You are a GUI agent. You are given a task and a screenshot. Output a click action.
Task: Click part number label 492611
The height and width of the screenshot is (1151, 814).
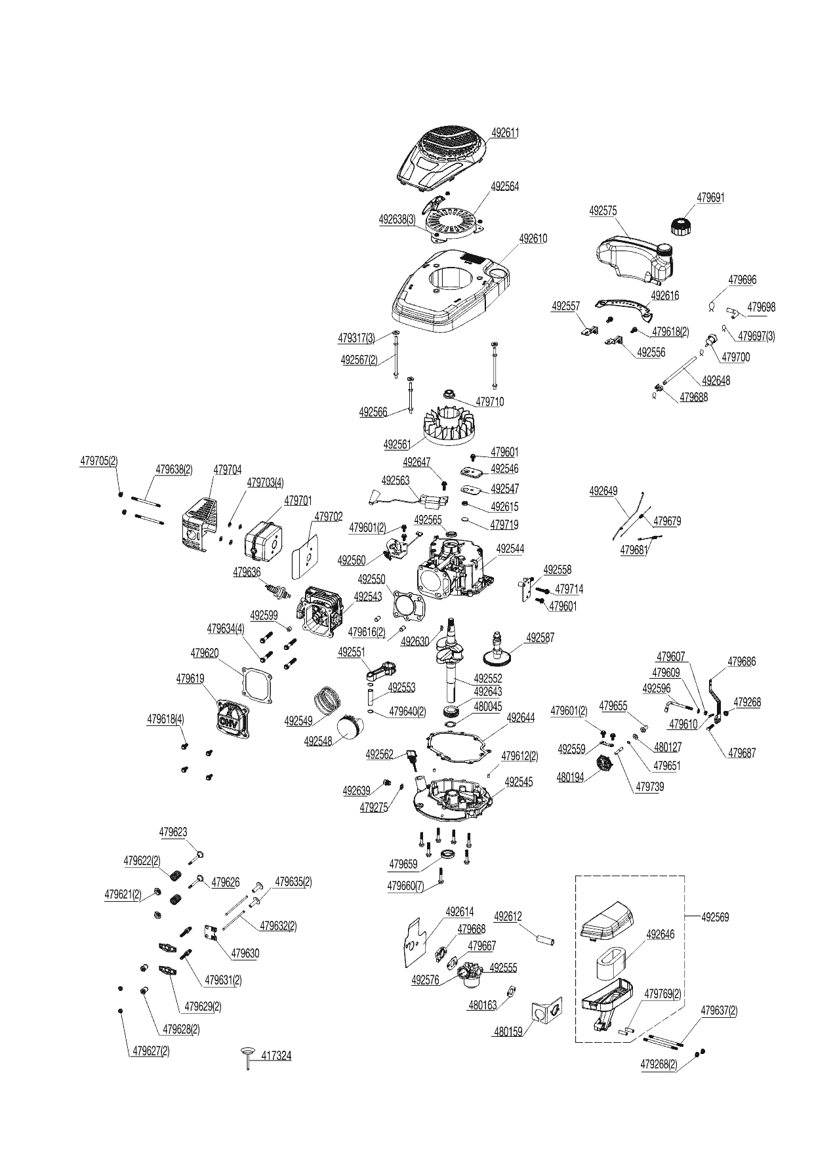tap(505, 132)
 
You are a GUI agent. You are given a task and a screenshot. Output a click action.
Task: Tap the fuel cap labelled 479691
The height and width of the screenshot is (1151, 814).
tap(682, 226)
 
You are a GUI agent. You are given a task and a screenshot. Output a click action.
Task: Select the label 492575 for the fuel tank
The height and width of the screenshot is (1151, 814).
tap(603, 211)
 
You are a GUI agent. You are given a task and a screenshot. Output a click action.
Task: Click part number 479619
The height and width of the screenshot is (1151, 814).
tap(190, 679)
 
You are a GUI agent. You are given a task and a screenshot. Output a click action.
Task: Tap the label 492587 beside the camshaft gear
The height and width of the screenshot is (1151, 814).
tap(540, 637)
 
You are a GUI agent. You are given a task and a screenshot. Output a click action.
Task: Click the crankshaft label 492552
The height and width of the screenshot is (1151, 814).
tap(487, 679)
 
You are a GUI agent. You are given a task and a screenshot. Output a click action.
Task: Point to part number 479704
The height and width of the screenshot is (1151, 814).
tap(228, 470)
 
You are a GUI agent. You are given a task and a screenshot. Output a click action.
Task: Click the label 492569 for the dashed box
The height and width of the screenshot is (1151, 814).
tap(715, 917)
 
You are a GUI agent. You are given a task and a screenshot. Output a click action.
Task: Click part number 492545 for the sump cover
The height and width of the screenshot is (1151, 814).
tap(519, 782)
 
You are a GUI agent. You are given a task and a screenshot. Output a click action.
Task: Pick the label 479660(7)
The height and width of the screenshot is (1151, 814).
tap(406, 885)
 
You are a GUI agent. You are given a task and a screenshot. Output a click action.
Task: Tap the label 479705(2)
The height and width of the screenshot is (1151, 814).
tap(99, 461)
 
